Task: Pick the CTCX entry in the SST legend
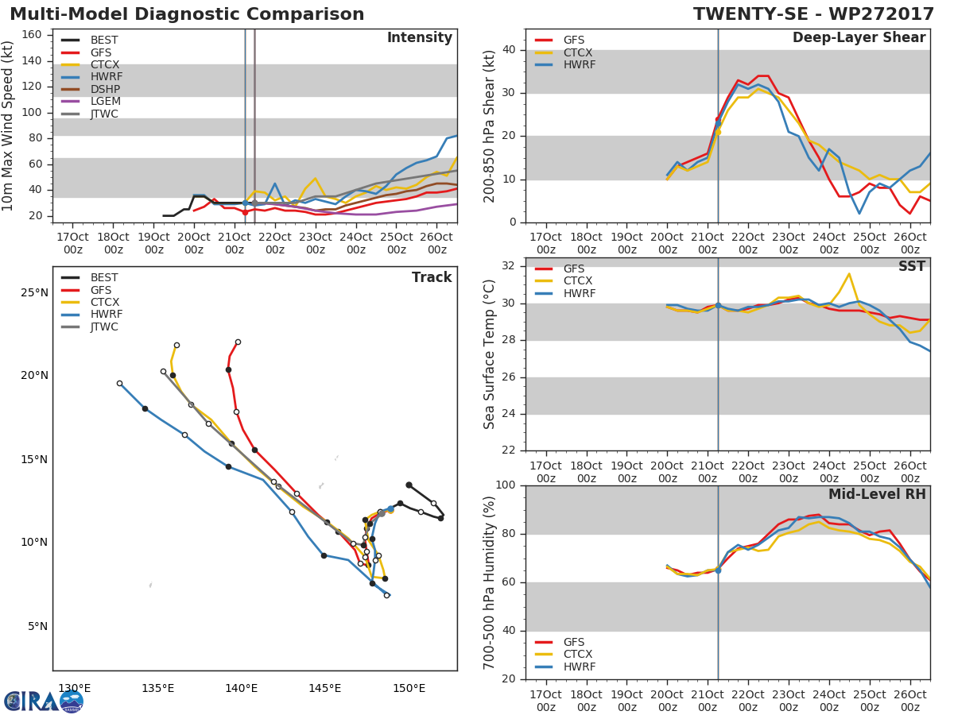(578, 281)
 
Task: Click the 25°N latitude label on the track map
(34, 293)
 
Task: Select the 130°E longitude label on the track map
(74, 688)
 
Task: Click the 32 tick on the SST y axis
(509, 266)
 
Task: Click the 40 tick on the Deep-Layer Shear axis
(509, 50)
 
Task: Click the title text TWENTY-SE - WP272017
(813, 14)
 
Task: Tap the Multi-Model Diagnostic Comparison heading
(187, 14)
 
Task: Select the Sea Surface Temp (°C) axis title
(490, 354)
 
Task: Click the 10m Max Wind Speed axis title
(9, 126)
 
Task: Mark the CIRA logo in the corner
(44, 701)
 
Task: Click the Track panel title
(431, 277)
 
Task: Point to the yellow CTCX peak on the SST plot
(849, 274)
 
